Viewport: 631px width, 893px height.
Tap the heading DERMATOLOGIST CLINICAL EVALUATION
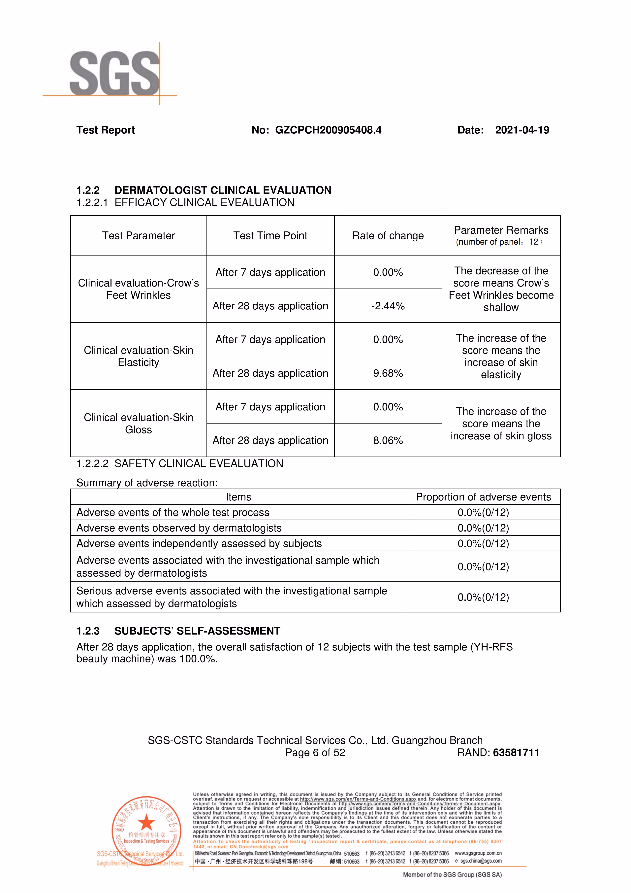click(223, 190)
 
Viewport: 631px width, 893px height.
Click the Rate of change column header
click(388, 236)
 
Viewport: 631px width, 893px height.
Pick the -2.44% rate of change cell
click(388, 306)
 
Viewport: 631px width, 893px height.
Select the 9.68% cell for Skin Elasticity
click(388, 373)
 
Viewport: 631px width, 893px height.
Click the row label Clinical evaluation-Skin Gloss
click(138, 424)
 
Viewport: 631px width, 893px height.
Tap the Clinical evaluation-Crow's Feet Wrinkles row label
click(138, 289)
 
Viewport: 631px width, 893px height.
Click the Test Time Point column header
click(270, 236)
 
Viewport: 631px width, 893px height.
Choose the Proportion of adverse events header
click(483, 497)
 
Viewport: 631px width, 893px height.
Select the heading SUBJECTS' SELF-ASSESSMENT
click(197, 631)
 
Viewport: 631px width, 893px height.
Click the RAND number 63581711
click(516, 753)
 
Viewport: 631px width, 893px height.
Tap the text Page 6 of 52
click(315, 753)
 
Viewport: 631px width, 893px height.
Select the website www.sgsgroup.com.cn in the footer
click(478, 853)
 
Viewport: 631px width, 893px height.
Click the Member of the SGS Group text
click(452, 875)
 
